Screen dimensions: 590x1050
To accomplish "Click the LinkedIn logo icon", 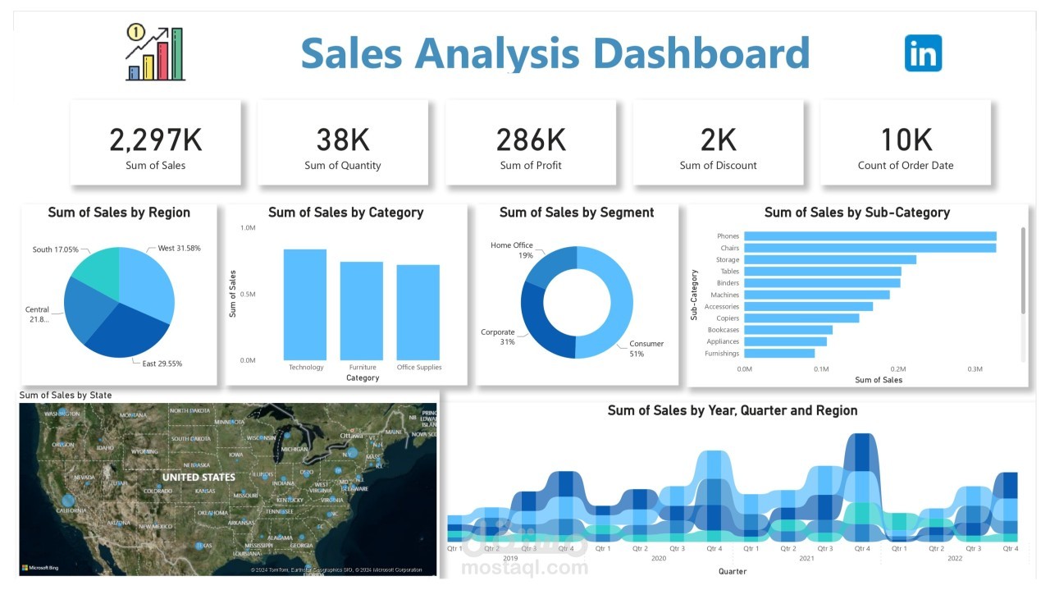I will pyautogui.click(x=923, y=53).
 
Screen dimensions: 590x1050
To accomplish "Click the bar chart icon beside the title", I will pyautogui.click(x=155, y=53).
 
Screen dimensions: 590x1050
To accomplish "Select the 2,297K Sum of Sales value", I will pyautogui.click(x=156, y=140).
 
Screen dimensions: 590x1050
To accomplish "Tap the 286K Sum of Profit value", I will pyautogui.click(x=531, y=140).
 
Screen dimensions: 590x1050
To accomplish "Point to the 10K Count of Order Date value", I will pyautogui.click(x=906, y=140).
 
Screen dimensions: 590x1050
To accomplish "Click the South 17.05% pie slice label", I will pyautogui.click(x=56, y=249).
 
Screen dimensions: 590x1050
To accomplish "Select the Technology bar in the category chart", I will pyautogui.click(x=305, y=304).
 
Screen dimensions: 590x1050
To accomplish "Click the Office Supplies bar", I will pyautogui.click(x=418, y=312).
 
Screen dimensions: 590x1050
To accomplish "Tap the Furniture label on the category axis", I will pyautogui.click(x=362, y=368).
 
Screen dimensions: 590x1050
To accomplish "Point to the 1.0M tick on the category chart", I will pyautogui.click(x=247, y=227).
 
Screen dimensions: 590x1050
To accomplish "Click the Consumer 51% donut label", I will pyautogui.click(x=646, y=349).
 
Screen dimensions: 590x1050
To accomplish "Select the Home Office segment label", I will pyautogui.click(x=512, y=245).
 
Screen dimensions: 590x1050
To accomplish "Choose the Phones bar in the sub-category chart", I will pyautogui.click(x=870, y=236).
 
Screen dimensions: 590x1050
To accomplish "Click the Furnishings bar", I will pyautogui.click(x=779, y=354).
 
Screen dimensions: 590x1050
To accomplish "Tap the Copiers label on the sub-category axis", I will pyautogui.click(x=727, y=318).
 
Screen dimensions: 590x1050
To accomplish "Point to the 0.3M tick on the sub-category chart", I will pyautogui.click(x=975, y=369).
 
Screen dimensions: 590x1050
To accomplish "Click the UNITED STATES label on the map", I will pyautogui.click(x=199, y=477).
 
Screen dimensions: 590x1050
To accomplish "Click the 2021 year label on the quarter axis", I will pyautogui.click(x=806, y=558).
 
